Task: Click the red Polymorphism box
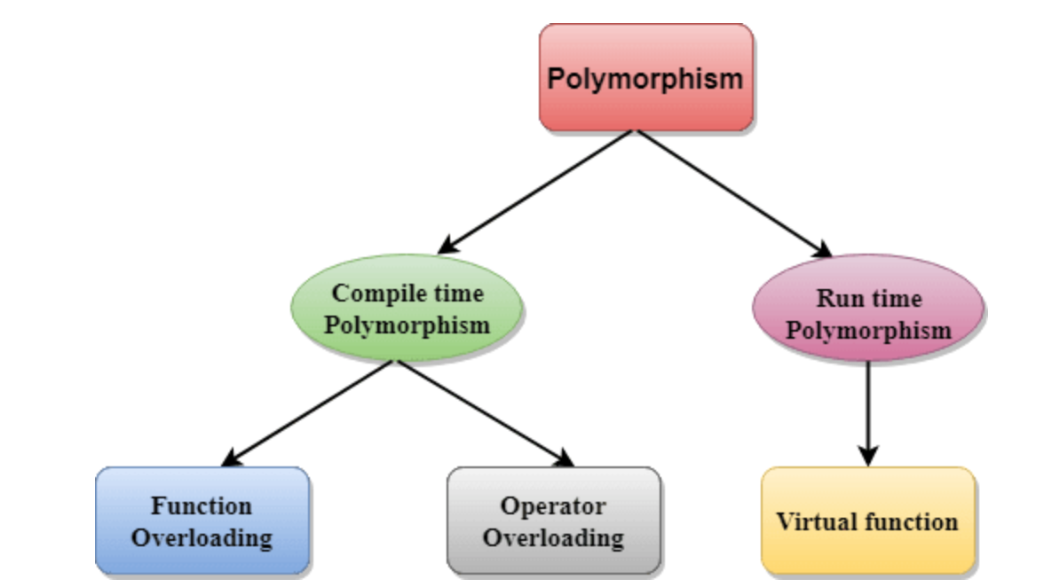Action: point(645,78)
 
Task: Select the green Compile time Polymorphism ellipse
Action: point(407,309)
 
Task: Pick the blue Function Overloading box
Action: point(202,520)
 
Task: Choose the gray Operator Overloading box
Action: point(553,520)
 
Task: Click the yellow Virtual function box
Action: point(867,520)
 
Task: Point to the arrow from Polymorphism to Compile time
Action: point(537,192)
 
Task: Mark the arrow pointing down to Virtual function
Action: point(867,412)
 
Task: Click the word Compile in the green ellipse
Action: point(368,293)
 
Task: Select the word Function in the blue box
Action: point(202,505)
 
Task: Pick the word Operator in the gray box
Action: point(553,505)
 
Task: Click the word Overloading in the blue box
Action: point(202,537)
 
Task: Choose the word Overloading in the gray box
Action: point(553,537)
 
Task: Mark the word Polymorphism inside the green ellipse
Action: point(407,325)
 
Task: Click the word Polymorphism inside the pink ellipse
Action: point(870,331)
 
